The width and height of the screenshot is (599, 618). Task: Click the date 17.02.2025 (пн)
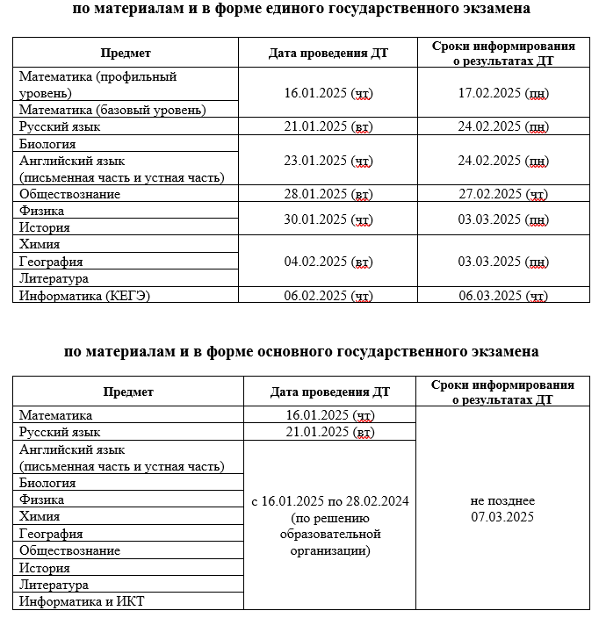pos(503,93)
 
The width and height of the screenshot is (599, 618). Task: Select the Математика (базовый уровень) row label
pos(113,110)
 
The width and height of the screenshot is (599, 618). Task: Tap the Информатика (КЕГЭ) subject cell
pos(85,296)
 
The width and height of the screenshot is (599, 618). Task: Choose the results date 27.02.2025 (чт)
pos(503,194)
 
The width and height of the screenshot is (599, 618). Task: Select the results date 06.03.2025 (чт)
pos(503,296)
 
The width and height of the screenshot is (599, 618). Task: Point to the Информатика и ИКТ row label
pos(82,601)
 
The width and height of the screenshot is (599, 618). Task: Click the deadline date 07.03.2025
pos(502,517)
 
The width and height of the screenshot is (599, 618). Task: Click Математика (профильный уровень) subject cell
pos(97,84)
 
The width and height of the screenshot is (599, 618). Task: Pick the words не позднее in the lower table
pos(502,500)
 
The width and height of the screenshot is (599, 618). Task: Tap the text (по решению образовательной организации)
pos(329,534)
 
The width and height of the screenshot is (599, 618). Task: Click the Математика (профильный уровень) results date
pos(503,93)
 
